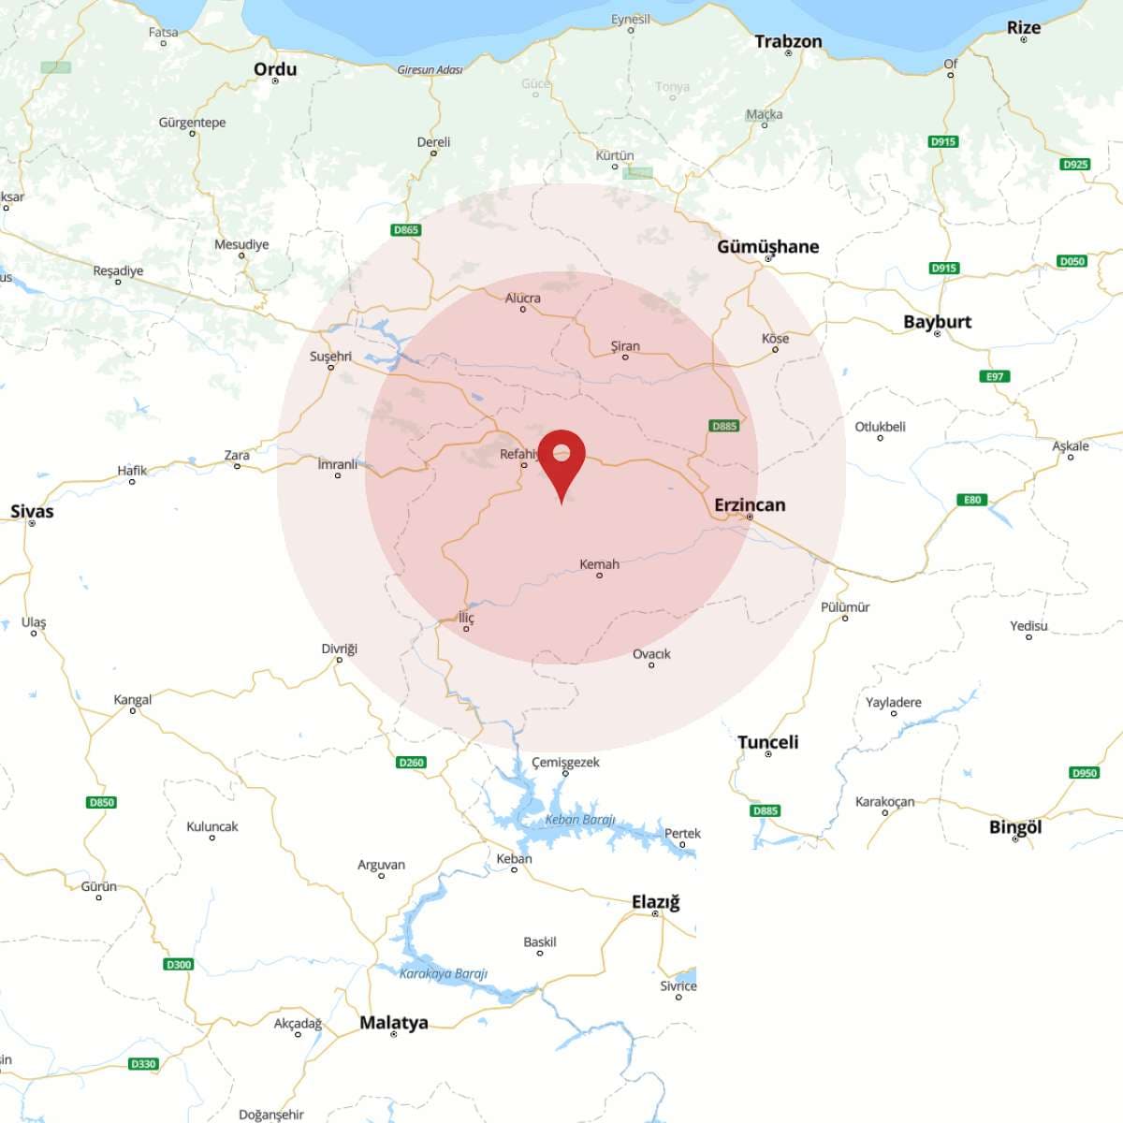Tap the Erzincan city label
click(750, 505)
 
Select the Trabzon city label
click(788, 41)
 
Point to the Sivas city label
click(32, 511)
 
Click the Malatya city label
click(394, 1023)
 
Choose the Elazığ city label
click(655, 902)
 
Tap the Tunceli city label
click(767, 742)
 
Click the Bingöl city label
click(1015, 827)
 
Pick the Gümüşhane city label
click(767, 247)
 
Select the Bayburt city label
click(937, 322)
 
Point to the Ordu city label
click(275, 69)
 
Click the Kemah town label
click(599, 564)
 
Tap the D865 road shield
click(406, 229)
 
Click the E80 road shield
click(973, 500)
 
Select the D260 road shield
click(411, 762)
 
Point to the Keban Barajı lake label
click(580, 820)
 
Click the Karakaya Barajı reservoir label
click(444, 973)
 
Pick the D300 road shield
click(178, 964)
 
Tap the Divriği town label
click(339, 649)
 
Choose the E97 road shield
click(995, 376)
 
